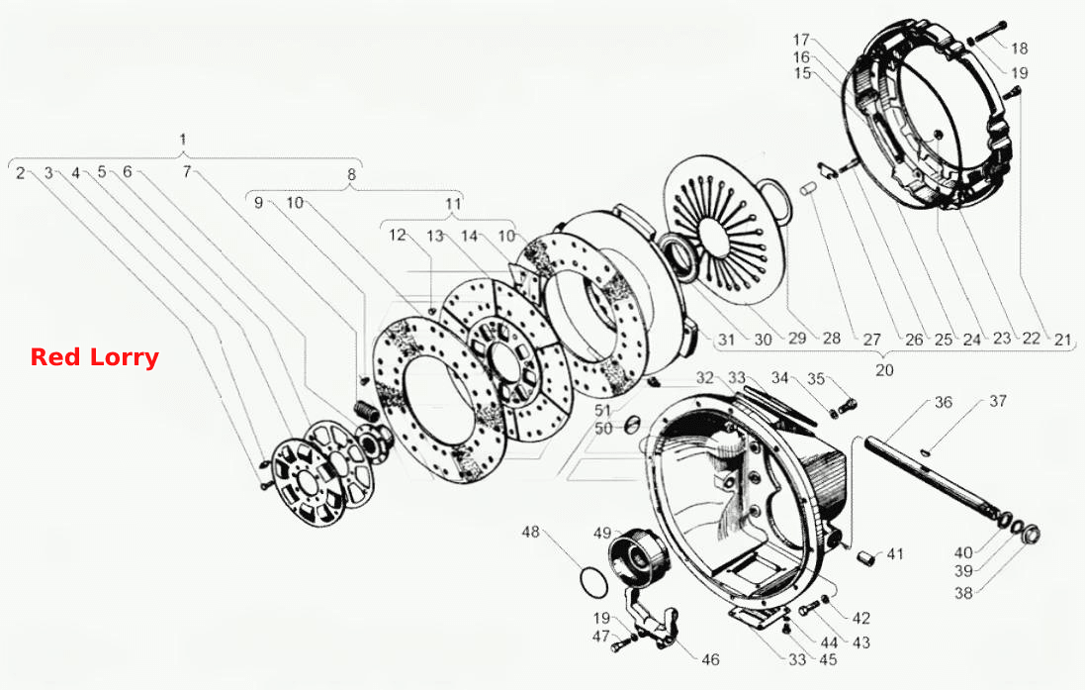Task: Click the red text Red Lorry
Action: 95,357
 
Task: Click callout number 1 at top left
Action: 183,140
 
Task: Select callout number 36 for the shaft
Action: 944,402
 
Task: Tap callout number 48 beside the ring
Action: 531,532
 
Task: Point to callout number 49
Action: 602,534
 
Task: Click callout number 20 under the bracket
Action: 884,370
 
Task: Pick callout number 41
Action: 895,554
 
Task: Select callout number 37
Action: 997,401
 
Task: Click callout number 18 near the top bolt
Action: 1020,49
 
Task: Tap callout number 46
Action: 711,659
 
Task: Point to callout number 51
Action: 602,411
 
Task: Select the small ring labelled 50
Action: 631,424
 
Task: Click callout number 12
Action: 398,236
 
